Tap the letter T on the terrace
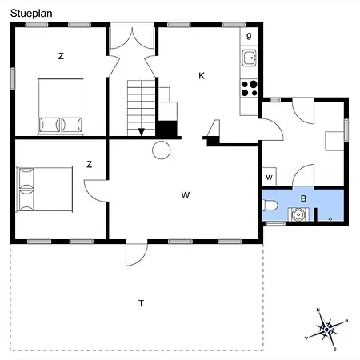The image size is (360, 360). click(142, 302)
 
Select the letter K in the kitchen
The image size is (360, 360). click(202, 75)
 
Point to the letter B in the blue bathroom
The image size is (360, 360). click(303, 198)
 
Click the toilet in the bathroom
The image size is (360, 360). click(270, 206)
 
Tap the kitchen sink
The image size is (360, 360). click(250, 57)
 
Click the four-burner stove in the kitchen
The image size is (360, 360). click(250, 86)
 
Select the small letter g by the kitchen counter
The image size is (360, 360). click(249, 36)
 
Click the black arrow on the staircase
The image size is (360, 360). click(142, 132)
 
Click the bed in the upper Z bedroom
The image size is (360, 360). click(60, 106)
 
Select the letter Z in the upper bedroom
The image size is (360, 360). click(61, 56)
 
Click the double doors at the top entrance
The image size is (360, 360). click(132, 40)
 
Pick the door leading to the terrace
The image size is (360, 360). click(137, 252)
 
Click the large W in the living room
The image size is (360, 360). click(185, 194)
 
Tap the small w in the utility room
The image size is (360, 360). click(270, 177)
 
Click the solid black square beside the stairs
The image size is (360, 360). click(167, 129)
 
